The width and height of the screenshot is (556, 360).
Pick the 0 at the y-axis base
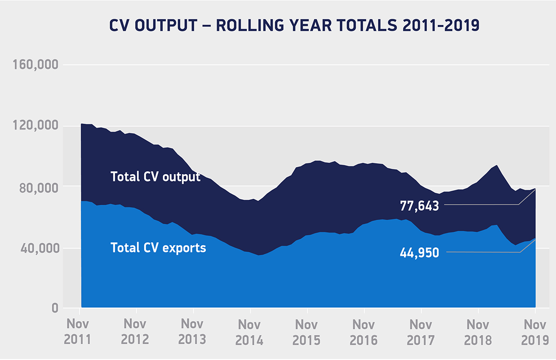pyautogui.click(x=54, y=308)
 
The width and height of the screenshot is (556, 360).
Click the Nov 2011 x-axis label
pyautogui.click(x=78, y=332)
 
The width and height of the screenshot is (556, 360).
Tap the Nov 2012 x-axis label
pyautogui.click(x=135, y=332)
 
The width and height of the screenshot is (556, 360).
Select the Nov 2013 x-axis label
pyautogui.click(x=192, y=332)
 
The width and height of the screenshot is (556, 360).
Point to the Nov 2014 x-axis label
pyautogui.click(x=250, y=332)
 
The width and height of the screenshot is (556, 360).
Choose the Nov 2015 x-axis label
pyautogui.click(x=307, y=332)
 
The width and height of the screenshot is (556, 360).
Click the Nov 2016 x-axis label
pyautogui.click(x=364, y=332)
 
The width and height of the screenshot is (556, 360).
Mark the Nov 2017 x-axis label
pyautogui.click(x=421, y=332)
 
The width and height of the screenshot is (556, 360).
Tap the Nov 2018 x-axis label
pyautogui.click(x=478, y=332)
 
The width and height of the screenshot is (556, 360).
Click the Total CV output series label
pyautogui.click(x=155, y=177)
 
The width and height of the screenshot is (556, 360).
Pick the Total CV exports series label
pyautogui.click(x=158, y=247)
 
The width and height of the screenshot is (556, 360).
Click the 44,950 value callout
pyautogui.click(x=419, y=253)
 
